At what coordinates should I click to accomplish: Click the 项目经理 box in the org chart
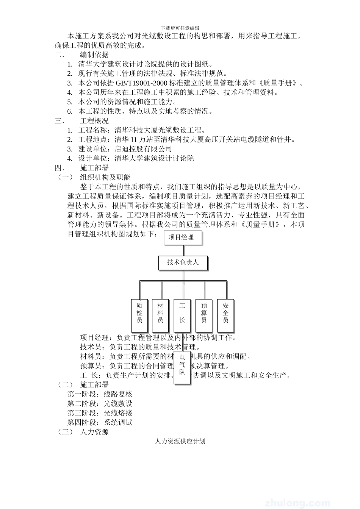point(183,238)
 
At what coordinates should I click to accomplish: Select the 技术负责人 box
point(183,262)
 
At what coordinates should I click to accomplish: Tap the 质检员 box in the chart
point(139,313)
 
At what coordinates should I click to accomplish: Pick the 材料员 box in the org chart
point(160,313)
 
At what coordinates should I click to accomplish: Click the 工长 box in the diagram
point(182,313)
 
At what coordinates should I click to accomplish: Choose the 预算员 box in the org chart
point(204,313)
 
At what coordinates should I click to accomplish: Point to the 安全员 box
point(226,313)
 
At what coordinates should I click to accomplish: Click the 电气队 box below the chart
point(182,367)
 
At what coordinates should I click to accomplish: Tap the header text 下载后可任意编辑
point(180,28)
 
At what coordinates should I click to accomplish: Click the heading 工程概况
point(94,121)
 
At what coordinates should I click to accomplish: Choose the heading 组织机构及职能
point(105,177)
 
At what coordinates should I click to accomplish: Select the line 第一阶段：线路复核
point(100,394)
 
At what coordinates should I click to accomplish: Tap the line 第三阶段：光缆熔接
point(100,413)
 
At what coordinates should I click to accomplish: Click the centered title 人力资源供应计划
point(180,442)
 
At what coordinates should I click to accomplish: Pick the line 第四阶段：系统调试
point(100,423)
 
